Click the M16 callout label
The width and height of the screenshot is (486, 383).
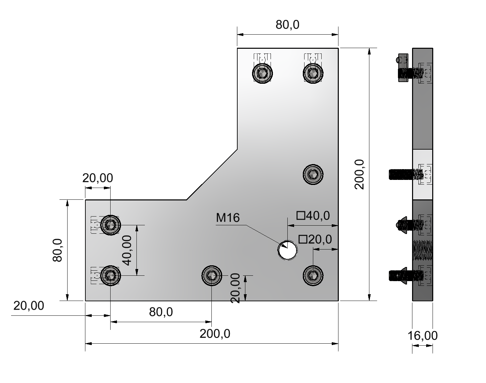pos(228,218)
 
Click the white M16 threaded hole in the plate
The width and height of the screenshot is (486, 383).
pos(288,250)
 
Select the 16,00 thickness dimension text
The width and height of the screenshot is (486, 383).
pos(422,336)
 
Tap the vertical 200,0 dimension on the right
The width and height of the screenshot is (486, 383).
pos(359,174)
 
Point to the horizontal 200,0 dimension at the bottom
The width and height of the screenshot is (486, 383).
pos(215,334)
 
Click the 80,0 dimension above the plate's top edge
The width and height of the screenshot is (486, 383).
pos(287,25)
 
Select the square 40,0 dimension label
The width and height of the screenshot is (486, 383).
pos(313,216)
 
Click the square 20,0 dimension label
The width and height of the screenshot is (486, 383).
pos(315,239)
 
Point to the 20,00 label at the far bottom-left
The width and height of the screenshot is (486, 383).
pos(29,306)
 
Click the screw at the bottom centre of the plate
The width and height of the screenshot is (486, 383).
pos(212,276)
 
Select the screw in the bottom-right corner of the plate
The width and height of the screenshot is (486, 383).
pos(313,275)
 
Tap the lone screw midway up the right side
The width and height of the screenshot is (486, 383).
pos(313,174)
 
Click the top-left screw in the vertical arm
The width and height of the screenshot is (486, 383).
pos(262,73)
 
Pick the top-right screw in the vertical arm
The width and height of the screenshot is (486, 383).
pos(313,73)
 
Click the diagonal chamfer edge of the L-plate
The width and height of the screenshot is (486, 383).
pos(212,174)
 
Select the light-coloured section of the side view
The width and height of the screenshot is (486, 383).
pos(422,174)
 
